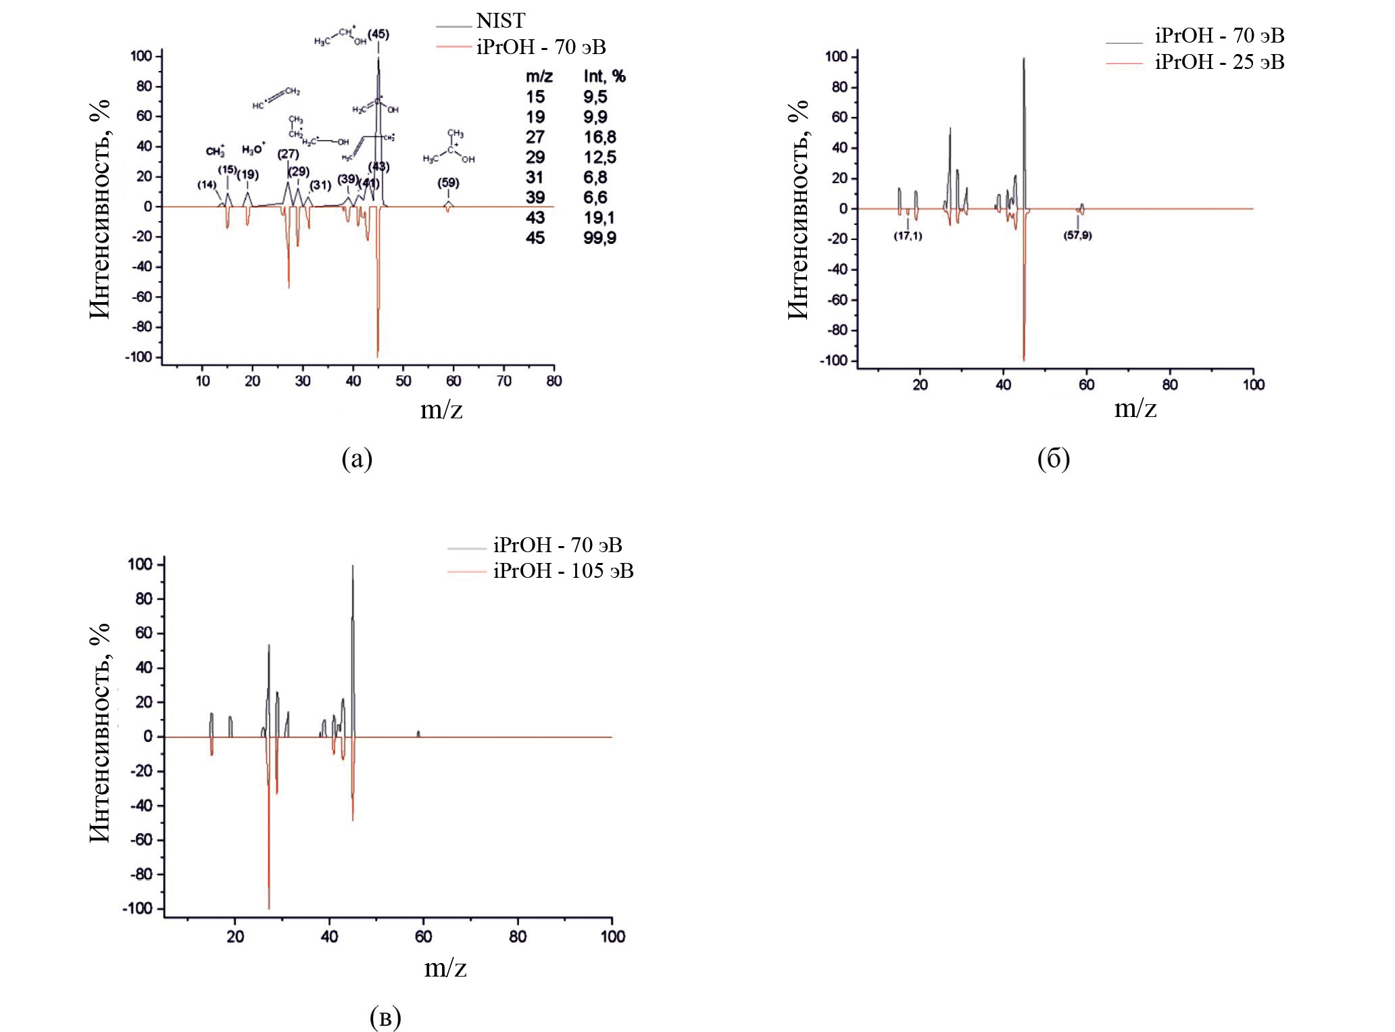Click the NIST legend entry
tap(500, 21)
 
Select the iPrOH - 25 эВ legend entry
tap(1219, 62)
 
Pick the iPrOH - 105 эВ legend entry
tap(563, 571)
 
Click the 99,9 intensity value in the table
tap(600, 238)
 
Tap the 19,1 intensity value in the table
tap(599, 218)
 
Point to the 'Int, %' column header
tap(604, 76)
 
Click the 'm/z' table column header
tap(539, 76)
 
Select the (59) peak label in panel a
tap(448, 183)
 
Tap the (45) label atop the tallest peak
tap(378, 34)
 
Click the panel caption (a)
tap(357, 459)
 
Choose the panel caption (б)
tap(1053, 459)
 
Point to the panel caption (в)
tap(385, 1016)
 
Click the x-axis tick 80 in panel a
tap(554, 381)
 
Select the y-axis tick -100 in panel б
tap(833, 361)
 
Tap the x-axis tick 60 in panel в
tap(423, 937)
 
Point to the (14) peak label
tap(207, 185)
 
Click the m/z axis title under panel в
tap(445, 968)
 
